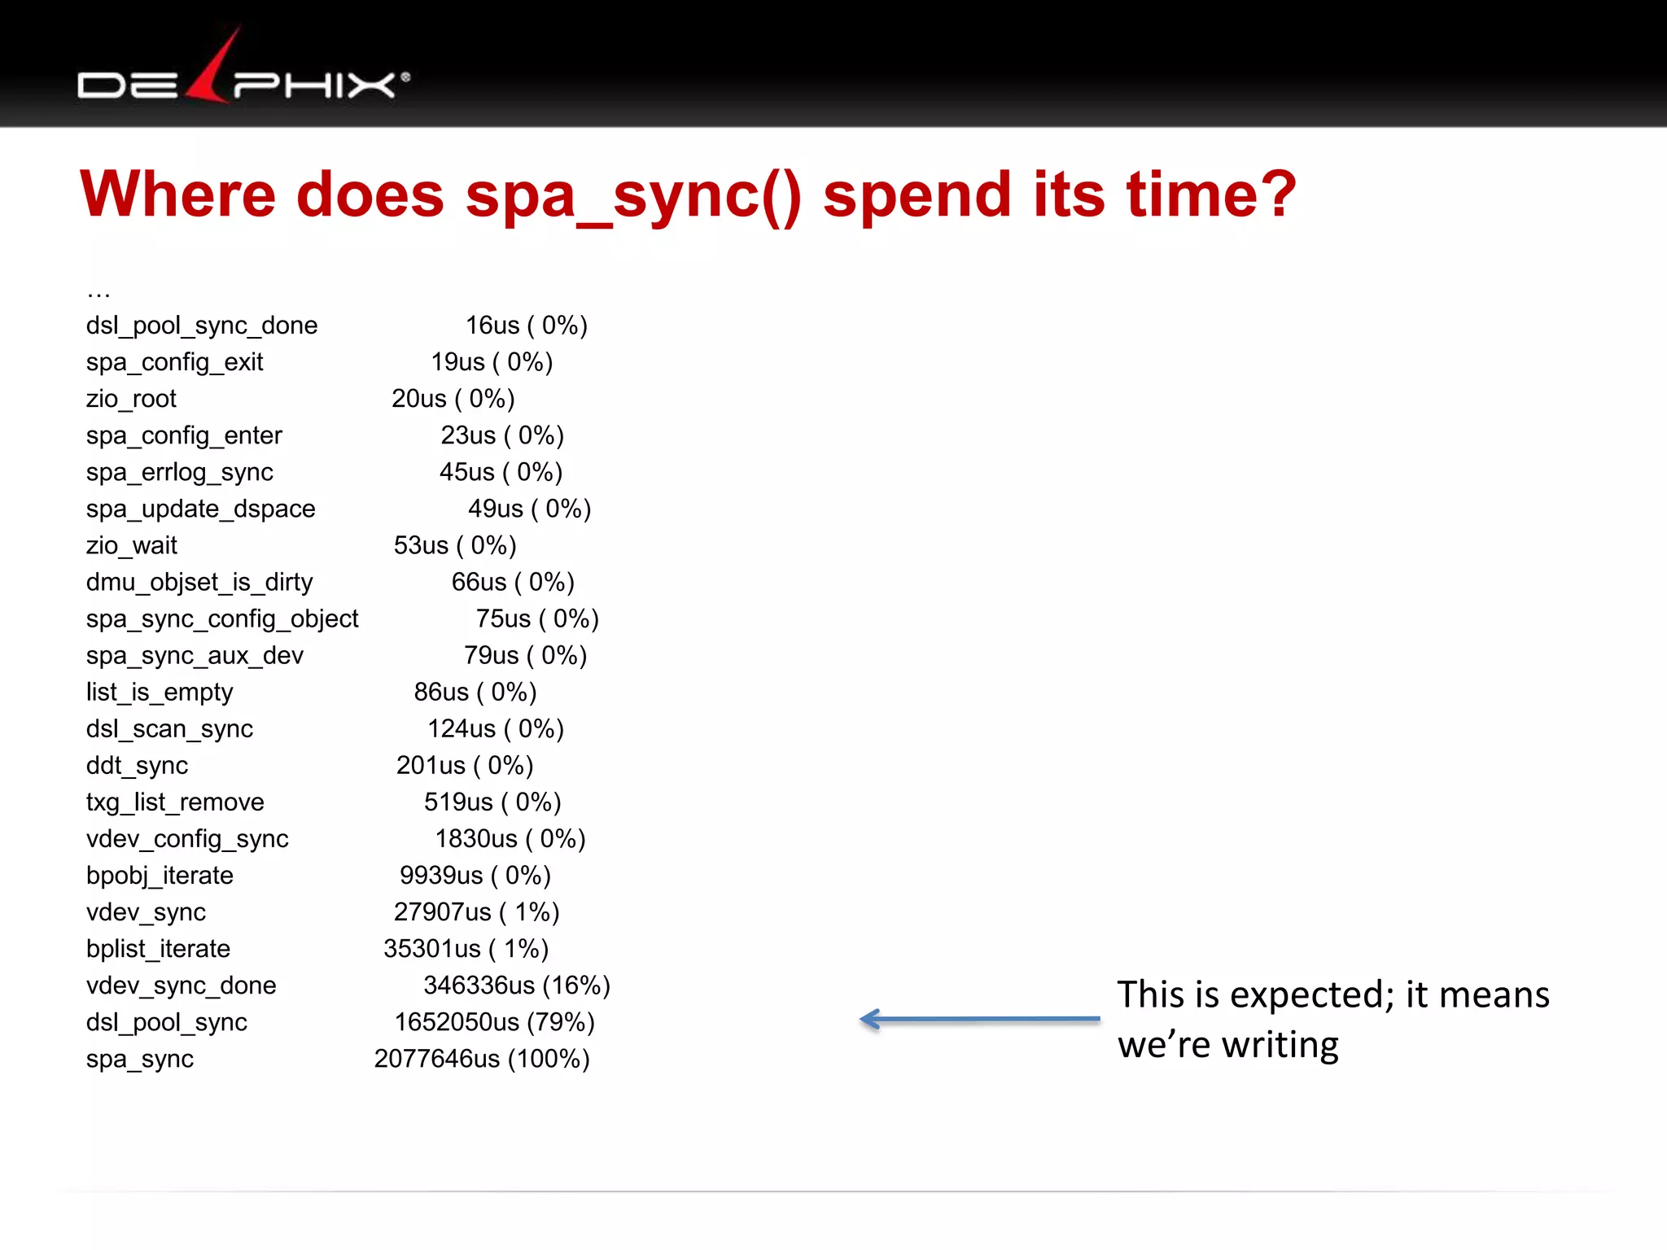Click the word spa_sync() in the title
click(633, 195)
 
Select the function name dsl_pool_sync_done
click(202, 326)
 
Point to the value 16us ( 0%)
click(526, 326)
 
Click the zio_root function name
click(131, 399)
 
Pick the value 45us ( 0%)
click(501, 472)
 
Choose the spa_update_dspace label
click(200, 509)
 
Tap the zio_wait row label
click(131, 545)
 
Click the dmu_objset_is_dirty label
click(199, 582)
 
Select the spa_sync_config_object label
click(222, 618)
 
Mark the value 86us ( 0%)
click(475, 692)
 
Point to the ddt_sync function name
click(137, 765)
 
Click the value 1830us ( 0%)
click(510, 838)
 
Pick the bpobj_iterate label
click(160, 875)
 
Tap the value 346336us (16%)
click(517, 986)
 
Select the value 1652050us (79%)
click(495, 1022)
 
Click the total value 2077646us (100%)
click(482, 1059)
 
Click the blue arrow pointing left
click(980, 1019)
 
